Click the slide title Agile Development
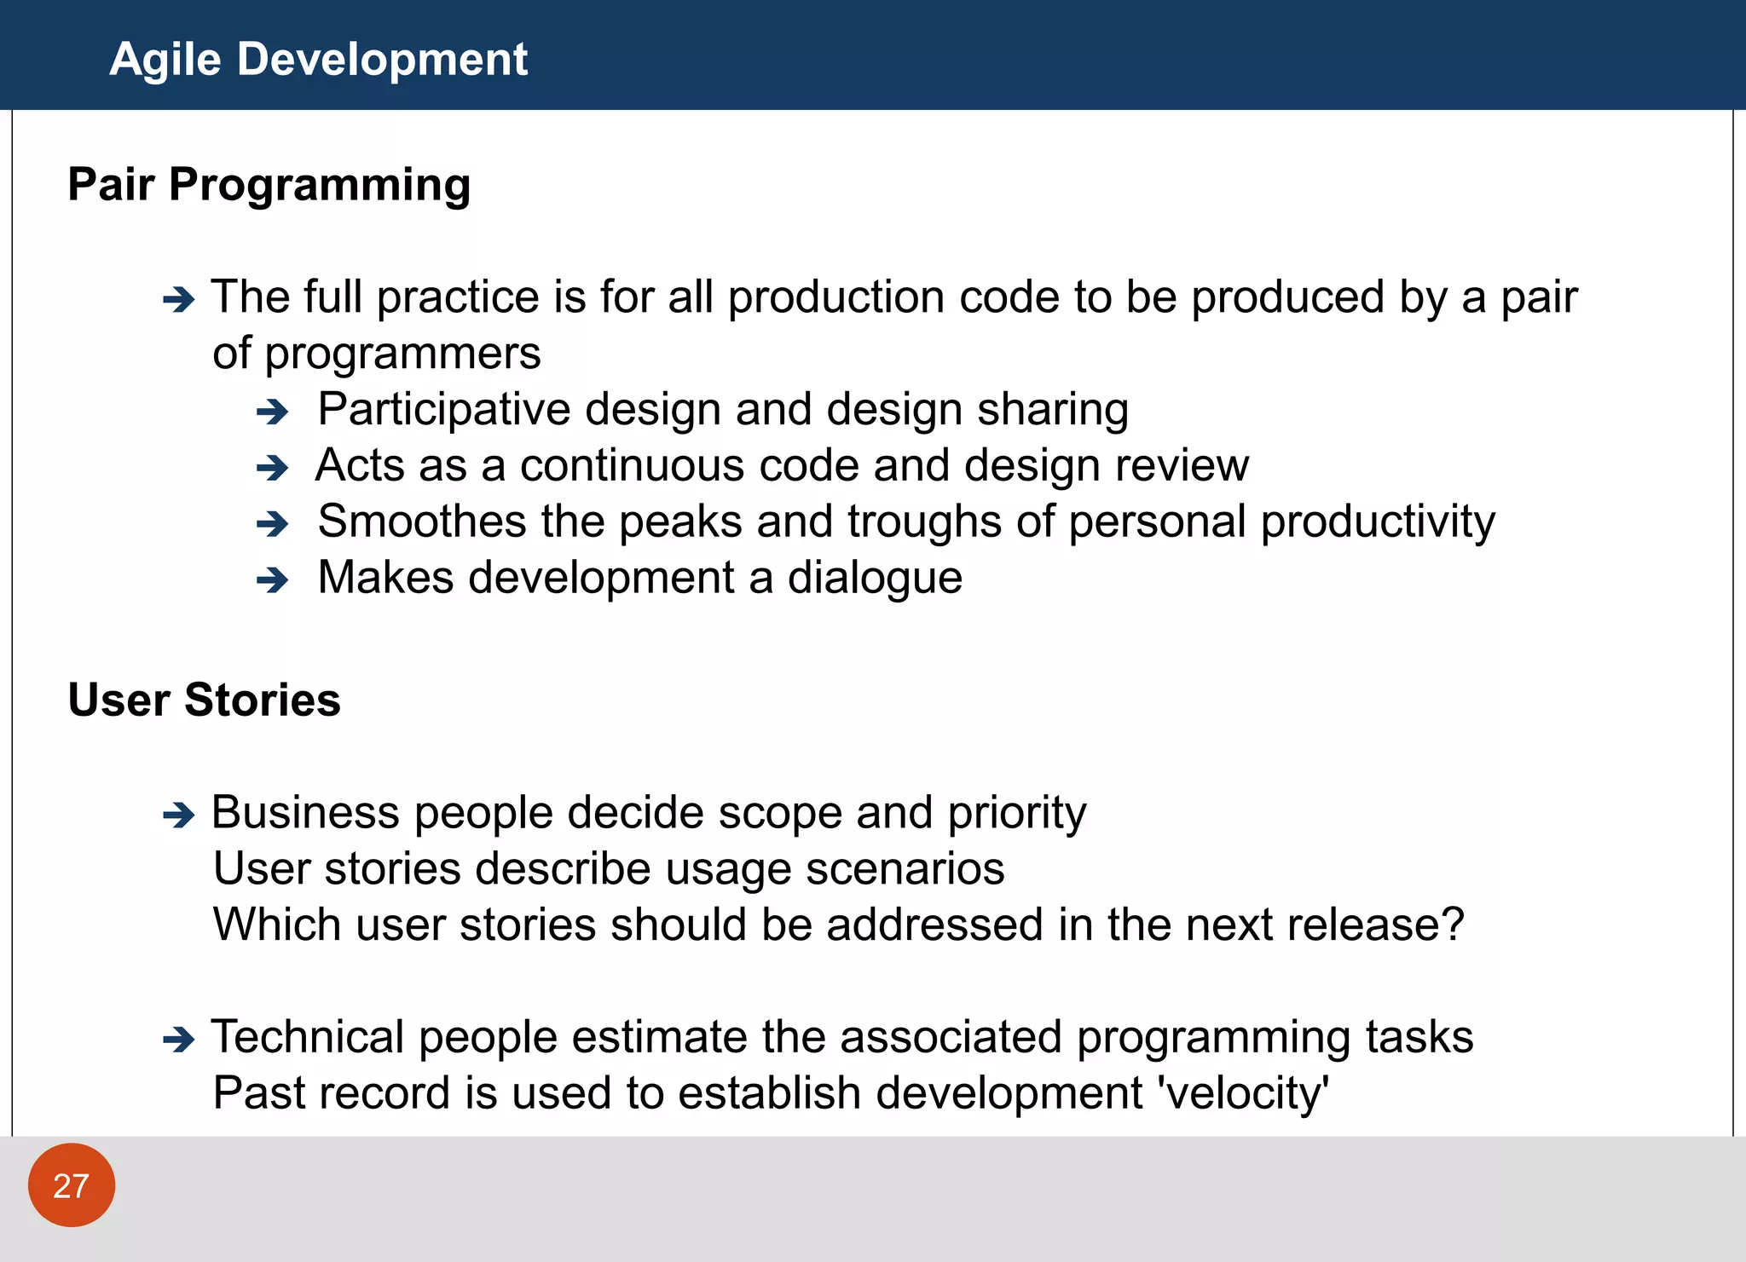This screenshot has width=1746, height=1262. (318, 60)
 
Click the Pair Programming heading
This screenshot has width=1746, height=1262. (269, 184)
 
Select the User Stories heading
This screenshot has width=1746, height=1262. (204, 700)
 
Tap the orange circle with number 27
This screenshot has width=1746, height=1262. (72, 1185)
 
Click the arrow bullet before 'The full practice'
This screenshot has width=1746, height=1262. (179, 300)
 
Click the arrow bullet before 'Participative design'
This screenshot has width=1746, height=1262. (273, 412)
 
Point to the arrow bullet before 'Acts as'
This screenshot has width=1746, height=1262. (273, 468)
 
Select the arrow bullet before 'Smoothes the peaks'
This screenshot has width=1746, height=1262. (273, 524)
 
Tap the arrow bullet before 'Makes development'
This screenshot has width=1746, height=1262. (273, 580)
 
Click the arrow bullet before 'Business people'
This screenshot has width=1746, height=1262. (179, 815)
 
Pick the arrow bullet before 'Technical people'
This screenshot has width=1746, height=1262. (179, 1040)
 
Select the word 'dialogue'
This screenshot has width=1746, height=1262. (875, 579)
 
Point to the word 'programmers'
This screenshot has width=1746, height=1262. (402, 354)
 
